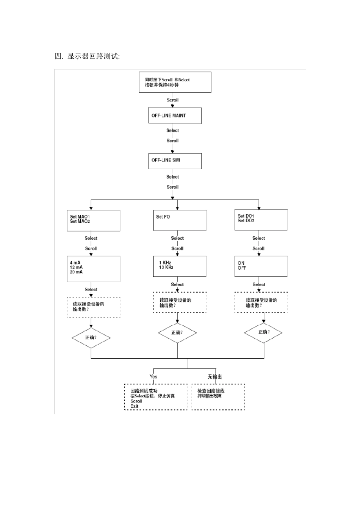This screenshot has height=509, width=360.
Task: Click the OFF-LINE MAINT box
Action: [174, 116]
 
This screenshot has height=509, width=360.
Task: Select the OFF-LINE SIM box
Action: [174, 161]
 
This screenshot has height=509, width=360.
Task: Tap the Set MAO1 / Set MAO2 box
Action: [94, 220]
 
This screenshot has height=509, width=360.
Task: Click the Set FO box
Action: [180, 220]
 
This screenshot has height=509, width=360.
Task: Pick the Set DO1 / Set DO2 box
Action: [261, 220]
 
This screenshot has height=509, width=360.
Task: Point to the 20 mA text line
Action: [76, 272]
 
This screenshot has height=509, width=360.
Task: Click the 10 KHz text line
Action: [166, 267]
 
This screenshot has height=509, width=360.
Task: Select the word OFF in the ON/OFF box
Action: [242, 268]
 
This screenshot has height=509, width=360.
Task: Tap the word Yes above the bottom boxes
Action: [153, 376]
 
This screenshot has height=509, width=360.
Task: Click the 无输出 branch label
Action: [214, 376]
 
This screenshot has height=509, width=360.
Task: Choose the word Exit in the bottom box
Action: [135, 406]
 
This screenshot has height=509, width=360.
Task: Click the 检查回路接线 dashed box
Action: [218, 397]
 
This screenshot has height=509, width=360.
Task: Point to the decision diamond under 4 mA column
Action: [91, 337]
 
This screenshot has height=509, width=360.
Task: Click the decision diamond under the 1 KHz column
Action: [177, 333]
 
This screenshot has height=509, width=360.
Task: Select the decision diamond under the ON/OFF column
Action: [263, 333]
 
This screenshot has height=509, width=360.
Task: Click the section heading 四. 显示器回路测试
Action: [87, 57]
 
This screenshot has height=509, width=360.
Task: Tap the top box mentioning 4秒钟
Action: [175, 82]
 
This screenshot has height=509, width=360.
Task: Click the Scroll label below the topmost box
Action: [172, 100]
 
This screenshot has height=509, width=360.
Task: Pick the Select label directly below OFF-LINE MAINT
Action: [172, 131]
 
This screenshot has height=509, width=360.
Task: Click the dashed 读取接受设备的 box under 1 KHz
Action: [180, 302]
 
